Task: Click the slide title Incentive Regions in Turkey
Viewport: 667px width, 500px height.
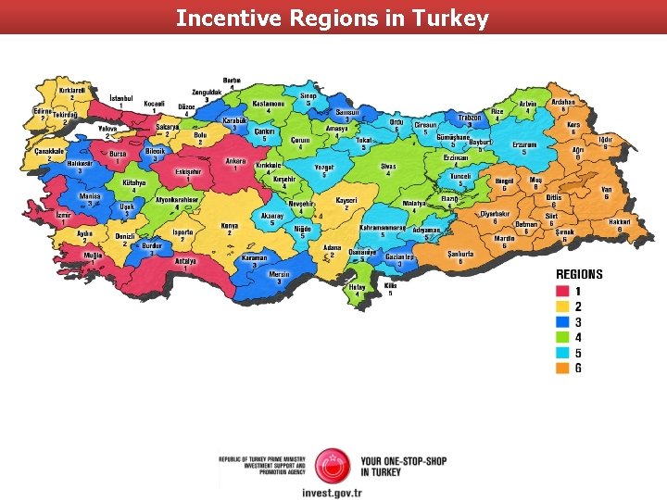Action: (333, 18)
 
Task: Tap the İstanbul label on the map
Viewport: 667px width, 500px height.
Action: (121, 97)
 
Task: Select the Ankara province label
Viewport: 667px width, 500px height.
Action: (236, 160)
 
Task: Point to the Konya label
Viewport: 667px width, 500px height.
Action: (231, 225)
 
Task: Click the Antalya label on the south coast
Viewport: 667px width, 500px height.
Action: (186, 260)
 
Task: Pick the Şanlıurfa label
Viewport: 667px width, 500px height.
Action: (460, 253)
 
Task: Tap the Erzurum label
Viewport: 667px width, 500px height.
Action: (525, 145)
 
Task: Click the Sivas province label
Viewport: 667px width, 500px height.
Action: (388, 167)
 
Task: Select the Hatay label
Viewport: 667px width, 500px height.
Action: (357, 287)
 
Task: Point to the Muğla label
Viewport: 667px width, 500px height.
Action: (94, 255)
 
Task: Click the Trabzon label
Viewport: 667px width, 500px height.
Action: (470, 118)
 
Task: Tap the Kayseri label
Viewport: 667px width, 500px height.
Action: (346, 200)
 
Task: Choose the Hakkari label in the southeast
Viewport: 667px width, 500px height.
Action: (620, 221)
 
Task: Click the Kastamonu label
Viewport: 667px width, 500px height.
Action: (269, 104)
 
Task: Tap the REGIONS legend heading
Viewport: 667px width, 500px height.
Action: (579, 274)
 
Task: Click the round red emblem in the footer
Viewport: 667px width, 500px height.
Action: (332, 466)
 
